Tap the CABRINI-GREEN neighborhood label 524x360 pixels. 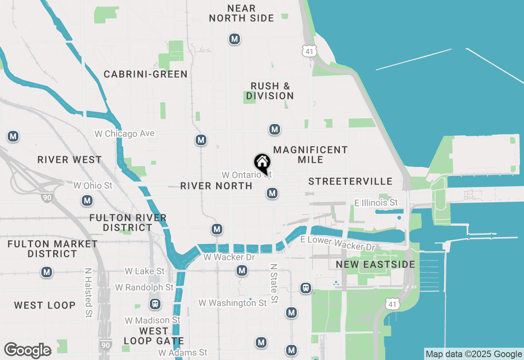pyautogui.click(x=145, y=74)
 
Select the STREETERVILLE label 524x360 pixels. pyautogui.click(x=350, y=181)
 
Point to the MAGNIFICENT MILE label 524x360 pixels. pyautogui.click(x=310, y=154)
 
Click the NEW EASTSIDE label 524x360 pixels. pyautogui.click(x=375, y=264)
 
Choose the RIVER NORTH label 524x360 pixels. pyautogui.click(x=216, y=186)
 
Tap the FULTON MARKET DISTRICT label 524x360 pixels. pyautogui.click(x=53, y=249)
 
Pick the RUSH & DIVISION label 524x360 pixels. pyautogui.click(x=270, y=91)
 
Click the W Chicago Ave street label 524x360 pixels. pyautogui.click(x=124, y=134)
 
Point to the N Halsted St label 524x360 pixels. pyautogui.click(x=88, y=293)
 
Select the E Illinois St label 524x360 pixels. pyautogui.click(x=376, y=202)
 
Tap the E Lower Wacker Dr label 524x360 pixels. pyautogui.click(x=338, y=243)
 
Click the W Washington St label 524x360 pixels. pyautogui.click(x=233, y=303)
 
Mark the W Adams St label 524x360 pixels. pyautogui.click(x=183, y=352)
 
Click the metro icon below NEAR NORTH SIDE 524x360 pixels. pyautogui.click(x=234, y=39)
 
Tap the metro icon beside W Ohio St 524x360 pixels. pyautogui.click(x=87, y=200)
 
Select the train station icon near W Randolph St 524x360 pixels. pyautogui.click(x=155, y=304)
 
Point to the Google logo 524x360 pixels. pyautogui.click(x=27, y=350)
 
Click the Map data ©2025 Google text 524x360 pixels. pyautogui.click(x=474, y=354)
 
